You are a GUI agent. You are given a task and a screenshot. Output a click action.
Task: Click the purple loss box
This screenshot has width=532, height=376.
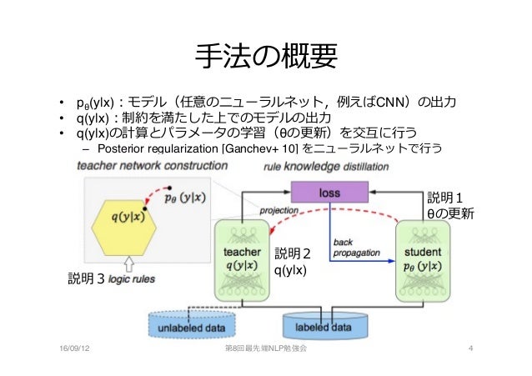(329, 193)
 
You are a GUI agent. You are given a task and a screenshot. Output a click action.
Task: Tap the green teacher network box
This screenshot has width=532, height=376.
(243, 259)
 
